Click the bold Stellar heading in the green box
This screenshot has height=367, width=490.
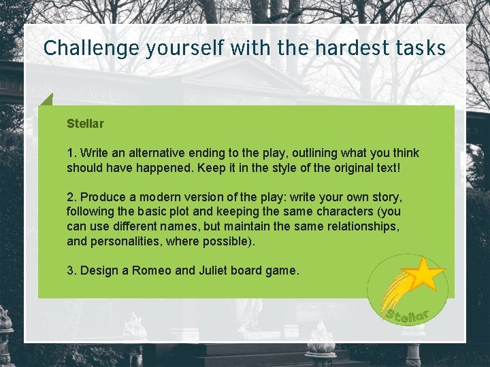point(85,124)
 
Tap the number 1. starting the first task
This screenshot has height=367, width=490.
point(71,153)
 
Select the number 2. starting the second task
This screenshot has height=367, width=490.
point(71,197)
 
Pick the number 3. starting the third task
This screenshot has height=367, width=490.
point(71,270)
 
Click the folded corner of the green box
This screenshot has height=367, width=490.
point(46,100)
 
